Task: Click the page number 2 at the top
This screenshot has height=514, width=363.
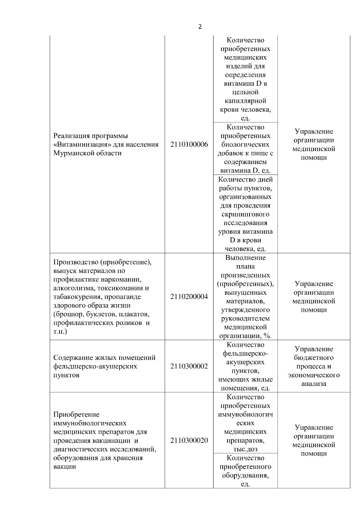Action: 200,27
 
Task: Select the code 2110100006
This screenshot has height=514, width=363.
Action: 189,144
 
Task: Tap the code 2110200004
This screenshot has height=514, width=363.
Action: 189,297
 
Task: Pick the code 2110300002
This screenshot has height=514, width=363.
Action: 189,366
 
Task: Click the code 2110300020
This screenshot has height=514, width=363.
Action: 189,440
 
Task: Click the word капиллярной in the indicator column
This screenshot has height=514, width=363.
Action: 245,101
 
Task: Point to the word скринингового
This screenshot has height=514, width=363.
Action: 245,214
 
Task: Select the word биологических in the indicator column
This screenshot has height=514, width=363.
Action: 245,144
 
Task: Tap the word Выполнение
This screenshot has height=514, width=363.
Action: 245,258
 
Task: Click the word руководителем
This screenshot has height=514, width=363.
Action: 245,318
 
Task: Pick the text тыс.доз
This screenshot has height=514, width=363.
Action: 245,449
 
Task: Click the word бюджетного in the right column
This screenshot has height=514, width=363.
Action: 314,358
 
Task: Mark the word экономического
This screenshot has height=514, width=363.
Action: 314,375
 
